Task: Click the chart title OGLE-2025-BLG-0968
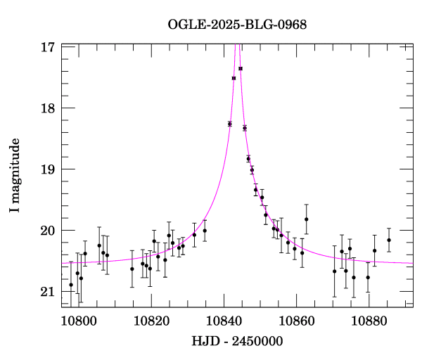coord(237,25)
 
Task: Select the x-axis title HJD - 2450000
coord(237,342)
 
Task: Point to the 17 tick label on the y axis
coord(48,47)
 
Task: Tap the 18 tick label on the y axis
coord(48,108)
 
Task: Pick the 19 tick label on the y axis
coord(48,169)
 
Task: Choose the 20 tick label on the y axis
coord(48,231)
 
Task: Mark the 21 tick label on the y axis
coord(48,292)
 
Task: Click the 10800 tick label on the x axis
coord(77,321)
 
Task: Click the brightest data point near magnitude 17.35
coord(241,68)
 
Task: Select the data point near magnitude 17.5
coord(234,78)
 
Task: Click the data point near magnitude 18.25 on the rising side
coord(229,124)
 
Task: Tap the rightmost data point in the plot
coord(389,240)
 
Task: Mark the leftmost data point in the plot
coord(70,285)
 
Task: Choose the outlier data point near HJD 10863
coord(307,219)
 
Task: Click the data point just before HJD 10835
coord(205,231)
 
